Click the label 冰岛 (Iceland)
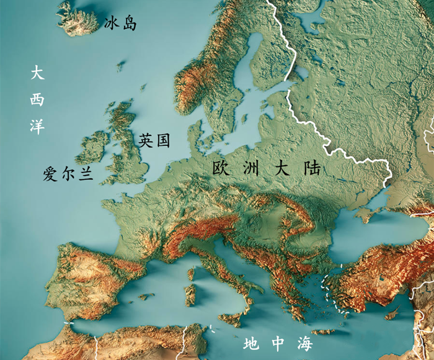[120, 24]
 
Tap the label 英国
[154, 141]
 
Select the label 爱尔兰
[68, 174]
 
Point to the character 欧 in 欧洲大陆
[222, 168]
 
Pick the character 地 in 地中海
[252, 343]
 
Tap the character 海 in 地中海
[304, 343]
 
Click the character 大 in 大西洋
[38, 73]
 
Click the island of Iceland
[77, 19]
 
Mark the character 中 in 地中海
[278, 343]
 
